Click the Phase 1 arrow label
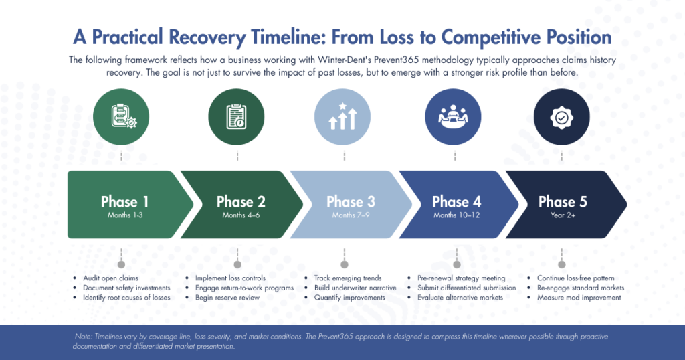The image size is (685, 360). click(x=120, y=201)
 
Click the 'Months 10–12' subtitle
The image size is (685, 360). click(x=456, y=215)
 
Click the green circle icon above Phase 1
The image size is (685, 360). click(x=120, y=118)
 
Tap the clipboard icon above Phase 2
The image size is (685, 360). click(x=236, y=118)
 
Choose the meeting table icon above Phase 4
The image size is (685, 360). click(x=454, y=118)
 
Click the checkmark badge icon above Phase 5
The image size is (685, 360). click(x=561, y=118)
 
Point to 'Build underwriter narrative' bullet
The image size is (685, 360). click(x=355, y=288)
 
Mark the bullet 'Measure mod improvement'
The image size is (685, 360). click(x=579, y=297)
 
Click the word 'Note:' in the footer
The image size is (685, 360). click(x=86, y=337)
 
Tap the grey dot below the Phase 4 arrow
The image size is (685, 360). click(x=457, y=264)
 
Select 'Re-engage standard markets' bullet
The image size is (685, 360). click(x=581, y=288)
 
